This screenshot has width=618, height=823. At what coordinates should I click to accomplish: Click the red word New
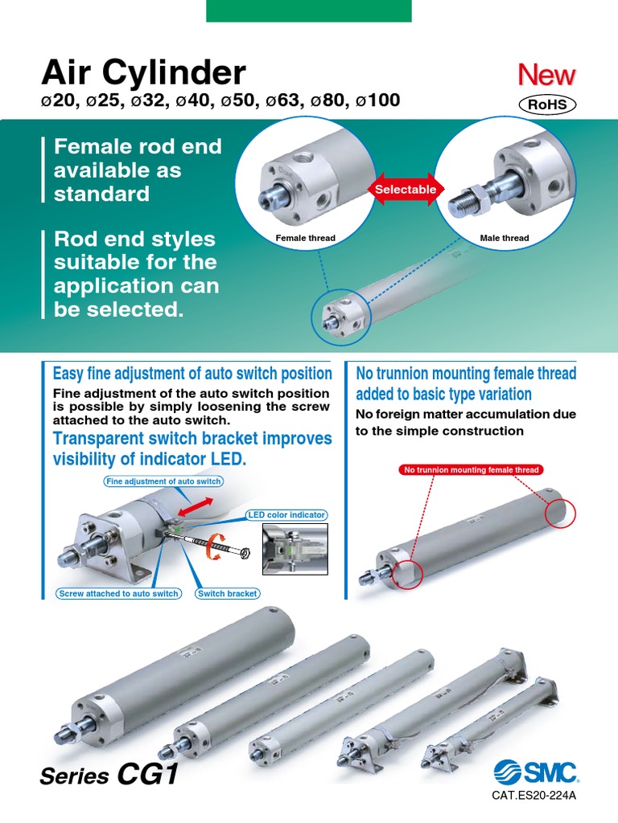coord(546,76)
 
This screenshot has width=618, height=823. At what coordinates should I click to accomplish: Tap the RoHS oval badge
coord(547,104)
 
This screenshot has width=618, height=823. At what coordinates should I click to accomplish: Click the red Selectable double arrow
coord(406,189)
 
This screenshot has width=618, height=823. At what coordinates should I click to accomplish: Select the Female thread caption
coord(305,238)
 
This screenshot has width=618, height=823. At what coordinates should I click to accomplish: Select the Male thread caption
coord(505,238)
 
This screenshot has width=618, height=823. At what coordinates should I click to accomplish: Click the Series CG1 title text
coord(109,776)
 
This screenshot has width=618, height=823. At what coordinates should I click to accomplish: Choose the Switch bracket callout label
coord(228,593)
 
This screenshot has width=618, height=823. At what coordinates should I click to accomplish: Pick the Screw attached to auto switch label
coord(119,593)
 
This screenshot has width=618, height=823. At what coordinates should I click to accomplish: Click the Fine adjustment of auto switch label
coord(163,481)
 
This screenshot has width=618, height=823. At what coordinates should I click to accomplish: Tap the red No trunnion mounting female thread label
coord(472,469)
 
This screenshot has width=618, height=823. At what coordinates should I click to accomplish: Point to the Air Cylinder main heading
coord(143,73)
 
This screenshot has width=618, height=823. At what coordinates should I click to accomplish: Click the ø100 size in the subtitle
coord(377,100)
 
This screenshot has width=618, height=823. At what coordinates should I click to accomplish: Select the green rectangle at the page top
coord(309,10)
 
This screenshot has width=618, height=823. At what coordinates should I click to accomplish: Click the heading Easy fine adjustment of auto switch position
coord(192,373)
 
